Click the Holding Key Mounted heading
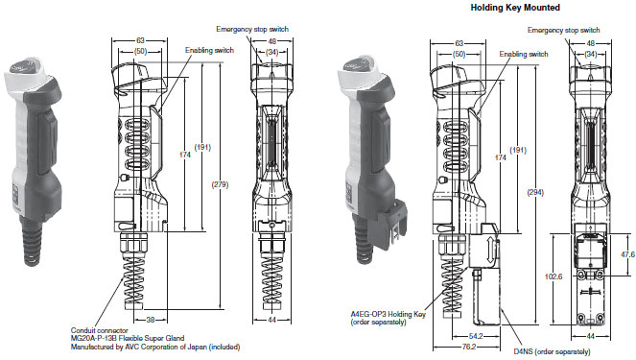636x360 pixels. tap(515, 8)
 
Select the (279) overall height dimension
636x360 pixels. tap(220, 184)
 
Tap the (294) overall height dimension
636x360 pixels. tap(535, 192)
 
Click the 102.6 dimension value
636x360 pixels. tap(554, 276)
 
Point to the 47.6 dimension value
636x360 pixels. tap(628, 254)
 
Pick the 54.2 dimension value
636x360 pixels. tap(476, 336)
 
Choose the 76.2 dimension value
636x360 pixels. tap(468, 347)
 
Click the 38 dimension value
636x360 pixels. tap(151, 320)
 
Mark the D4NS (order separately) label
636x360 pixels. tap(552, 351)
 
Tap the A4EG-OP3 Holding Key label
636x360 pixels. tap(389, 314)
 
